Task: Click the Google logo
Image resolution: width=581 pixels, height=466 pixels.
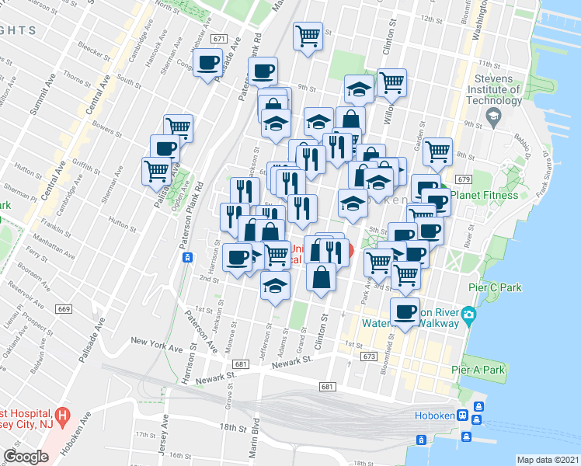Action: pos(26,456)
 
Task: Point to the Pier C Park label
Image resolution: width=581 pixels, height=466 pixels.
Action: pos(495,287)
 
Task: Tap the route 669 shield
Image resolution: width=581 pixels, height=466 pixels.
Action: pos(64,309)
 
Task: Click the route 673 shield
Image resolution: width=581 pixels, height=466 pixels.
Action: pos(368,356)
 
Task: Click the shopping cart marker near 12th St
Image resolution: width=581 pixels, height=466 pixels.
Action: pos(308,35)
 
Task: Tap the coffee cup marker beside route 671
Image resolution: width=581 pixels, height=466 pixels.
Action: pos(208,63)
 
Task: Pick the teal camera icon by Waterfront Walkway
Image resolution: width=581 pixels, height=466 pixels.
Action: pos(468,315)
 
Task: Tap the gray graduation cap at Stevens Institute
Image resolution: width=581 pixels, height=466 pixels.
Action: pos(492,116)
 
